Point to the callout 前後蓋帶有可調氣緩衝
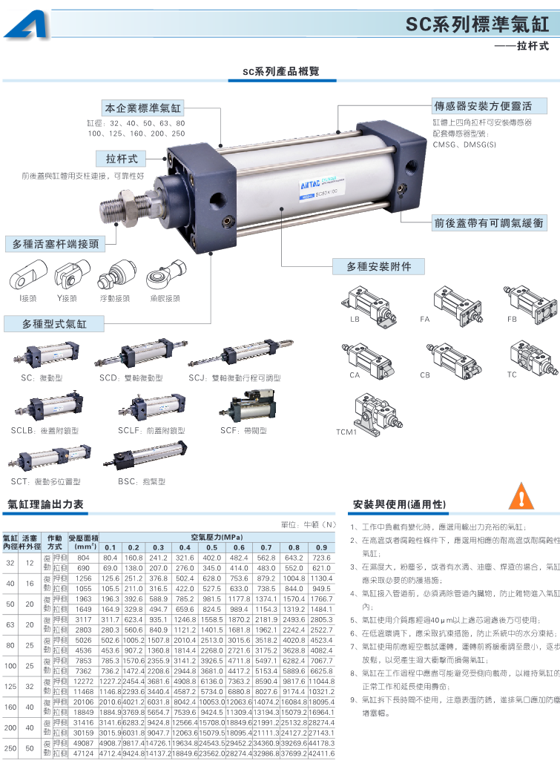click(x=489, y=222)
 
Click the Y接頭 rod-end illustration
click(x=67, y=278)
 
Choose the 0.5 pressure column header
click(x=212, y=547)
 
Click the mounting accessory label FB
click(x=512, y=319)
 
